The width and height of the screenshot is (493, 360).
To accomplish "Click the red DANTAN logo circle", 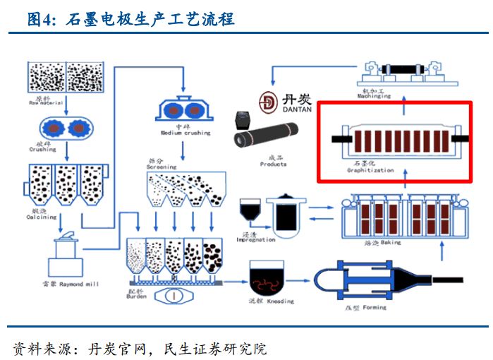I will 268,102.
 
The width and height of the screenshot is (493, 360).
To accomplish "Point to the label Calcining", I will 43,217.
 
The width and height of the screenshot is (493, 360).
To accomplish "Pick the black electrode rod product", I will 269,138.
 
